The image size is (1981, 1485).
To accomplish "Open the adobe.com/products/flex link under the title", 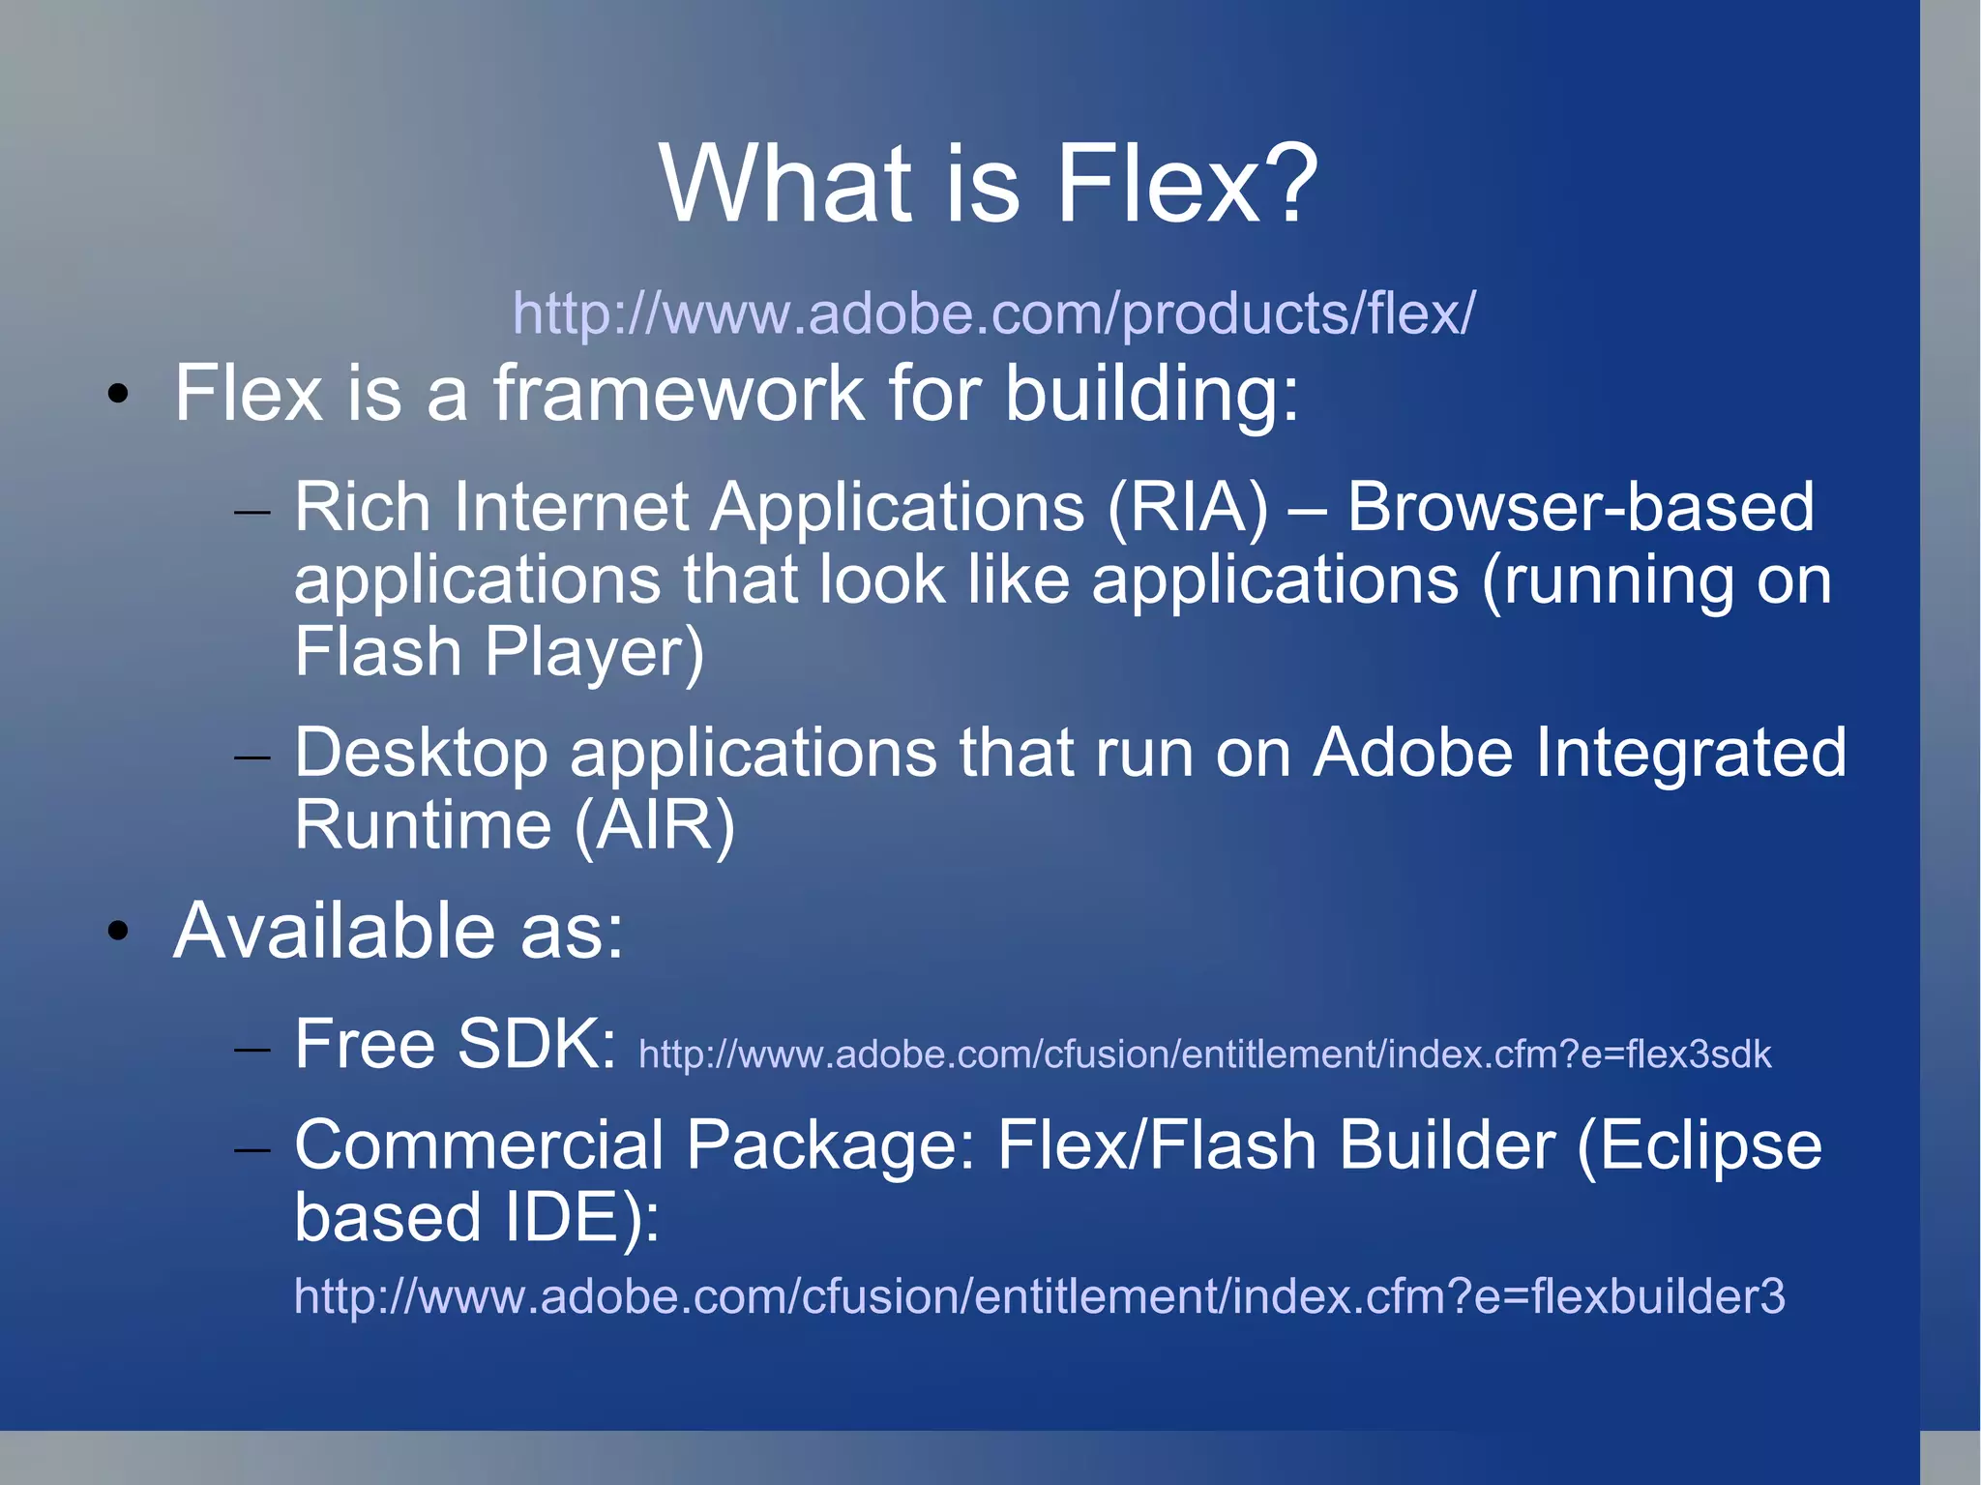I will (993, 313).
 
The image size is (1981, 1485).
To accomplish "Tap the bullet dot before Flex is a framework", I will (118, 394).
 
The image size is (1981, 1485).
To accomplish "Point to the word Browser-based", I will (1580, 507).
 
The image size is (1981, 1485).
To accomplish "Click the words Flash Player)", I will (499, 652).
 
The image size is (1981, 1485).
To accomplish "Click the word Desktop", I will (421, 753).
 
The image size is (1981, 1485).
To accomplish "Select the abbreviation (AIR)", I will (655, 825).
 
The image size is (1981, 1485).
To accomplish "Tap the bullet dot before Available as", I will (118, 931).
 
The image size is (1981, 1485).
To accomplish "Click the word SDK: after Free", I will (536, 1045).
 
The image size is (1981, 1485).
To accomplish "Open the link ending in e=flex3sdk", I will (1204, 1054).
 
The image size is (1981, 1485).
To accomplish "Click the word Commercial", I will (478, 1145).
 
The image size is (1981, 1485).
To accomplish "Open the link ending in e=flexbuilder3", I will (1039, 1296).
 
